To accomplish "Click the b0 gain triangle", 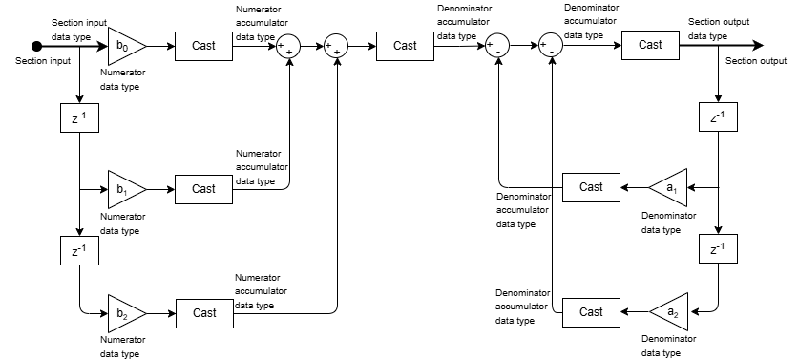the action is tap(124, 46).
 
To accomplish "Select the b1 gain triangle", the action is tap(124, 189).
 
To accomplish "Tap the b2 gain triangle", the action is tap(124, 313).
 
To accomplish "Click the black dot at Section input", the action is tap(36, 47).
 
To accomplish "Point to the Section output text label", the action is tap(756, 61).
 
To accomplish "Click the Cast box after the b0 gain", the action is tap(204, 46).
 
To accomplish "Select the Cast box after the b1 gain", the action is tap(204, 189).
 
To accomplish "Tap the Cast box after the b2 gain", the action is tap(204, 313).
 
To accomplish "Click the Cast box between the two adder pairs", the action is tap(405, 46).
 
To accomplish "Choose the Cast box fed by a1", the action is tap(591, 187).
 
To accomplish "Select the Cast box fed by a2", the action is tap(591, 312).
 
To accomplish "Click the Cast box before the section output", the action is tap(650, 45).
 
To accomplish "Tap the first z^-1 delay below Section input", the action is tap(79, 117).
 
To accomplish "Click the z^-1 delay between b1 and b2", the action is tap(79, 250).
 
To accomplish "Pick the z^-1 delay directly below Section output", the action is tap(718, 116).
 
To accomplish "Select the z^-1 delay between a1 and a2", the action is tap(718, 248).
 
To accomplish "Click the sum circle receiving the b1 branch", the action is tap(288, 47).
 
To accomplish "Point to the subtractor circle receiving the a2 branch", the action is tap(552, 46).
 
